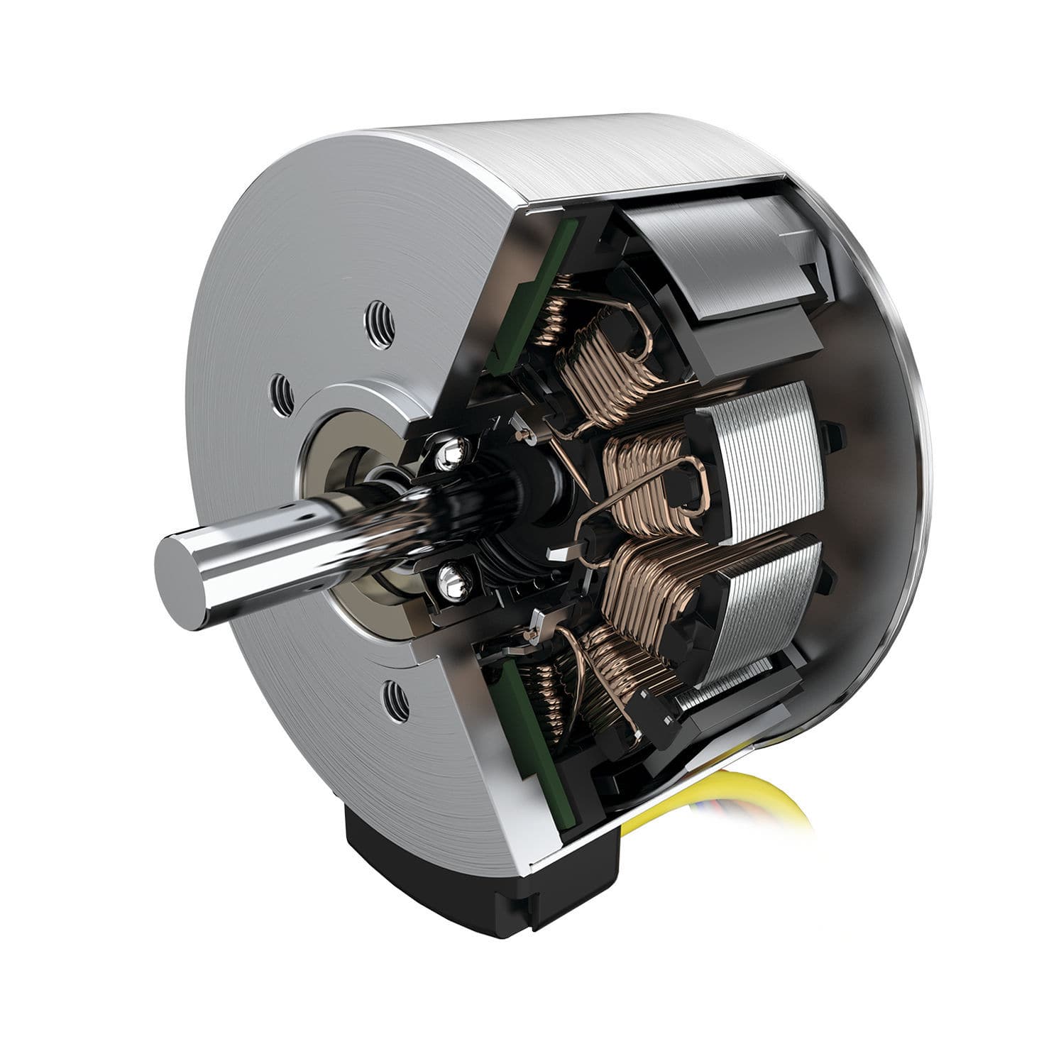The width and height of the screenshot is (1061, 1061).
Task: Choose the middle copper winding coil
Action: click(646, 483)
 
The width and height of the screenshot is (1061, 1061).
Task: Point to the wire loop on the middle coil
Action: click(692, 483)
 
